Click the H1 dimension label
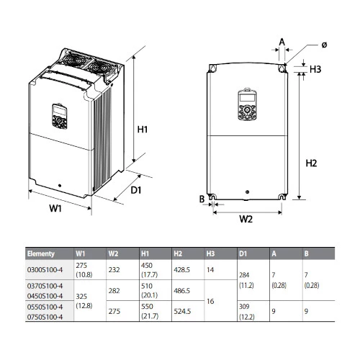pyautogui.click(x=143, y=130)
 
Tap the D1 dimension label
pyautogui.click(x=136, y=190)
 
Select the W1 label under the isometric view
pyautogui.click(x=55, y=208)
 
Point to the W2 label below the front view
pyautogui.click(x=246, y=219)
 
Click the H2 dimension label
pyautogui.click(x=311, y=163)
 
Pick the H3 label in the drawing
pyautogui.click(x=315, y=69)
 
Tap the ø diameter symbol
pyautogui.click(x=324, y=45)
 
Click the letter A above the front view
pyautogui.click(x=282, y=42)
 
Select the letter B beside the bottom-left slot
pyautogui.click(x=202, y=199)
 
